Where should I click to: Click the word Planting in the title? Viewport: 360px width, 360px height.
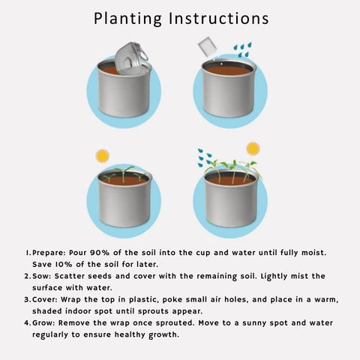tap(127, 19)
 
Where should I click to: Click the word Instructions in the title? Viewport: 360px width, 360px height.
tap(219, 19)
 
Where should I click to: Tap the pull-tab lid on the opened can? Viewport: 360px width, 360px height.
tap(131, 59)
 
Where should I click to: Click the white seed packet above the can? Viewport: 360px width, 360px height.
tap(208, 47)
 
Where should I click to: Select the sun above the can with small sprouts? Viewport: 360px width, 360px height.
tap(103, 156)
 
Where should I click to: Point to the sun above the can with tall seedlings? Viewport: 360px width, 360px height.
tap(253, 148)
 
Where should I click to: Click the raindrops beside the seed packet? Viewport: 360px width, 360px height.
tap(243, 49)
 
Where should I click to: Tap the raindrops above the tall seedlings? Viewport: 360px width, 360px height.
tap(205, 158)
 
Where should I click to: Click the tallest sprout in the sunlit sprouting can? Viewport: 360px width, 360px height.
tap(124, 173)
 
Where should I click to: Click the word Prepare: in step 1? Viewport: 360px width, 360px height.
tap(49, 253)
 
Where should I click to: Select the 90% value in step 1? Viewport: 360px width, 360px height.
tap(100, 253)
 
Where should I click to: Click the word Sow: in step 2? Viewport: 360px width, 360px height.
tap(42, 276)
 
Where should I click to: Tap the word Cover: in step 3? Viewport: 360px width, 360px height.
tap(45, 299)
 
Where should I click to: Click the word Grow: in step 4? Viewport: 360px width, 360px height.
tap(43, 322)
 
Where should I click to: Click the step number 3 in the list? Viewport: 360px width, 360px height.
tap(27, 299)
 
